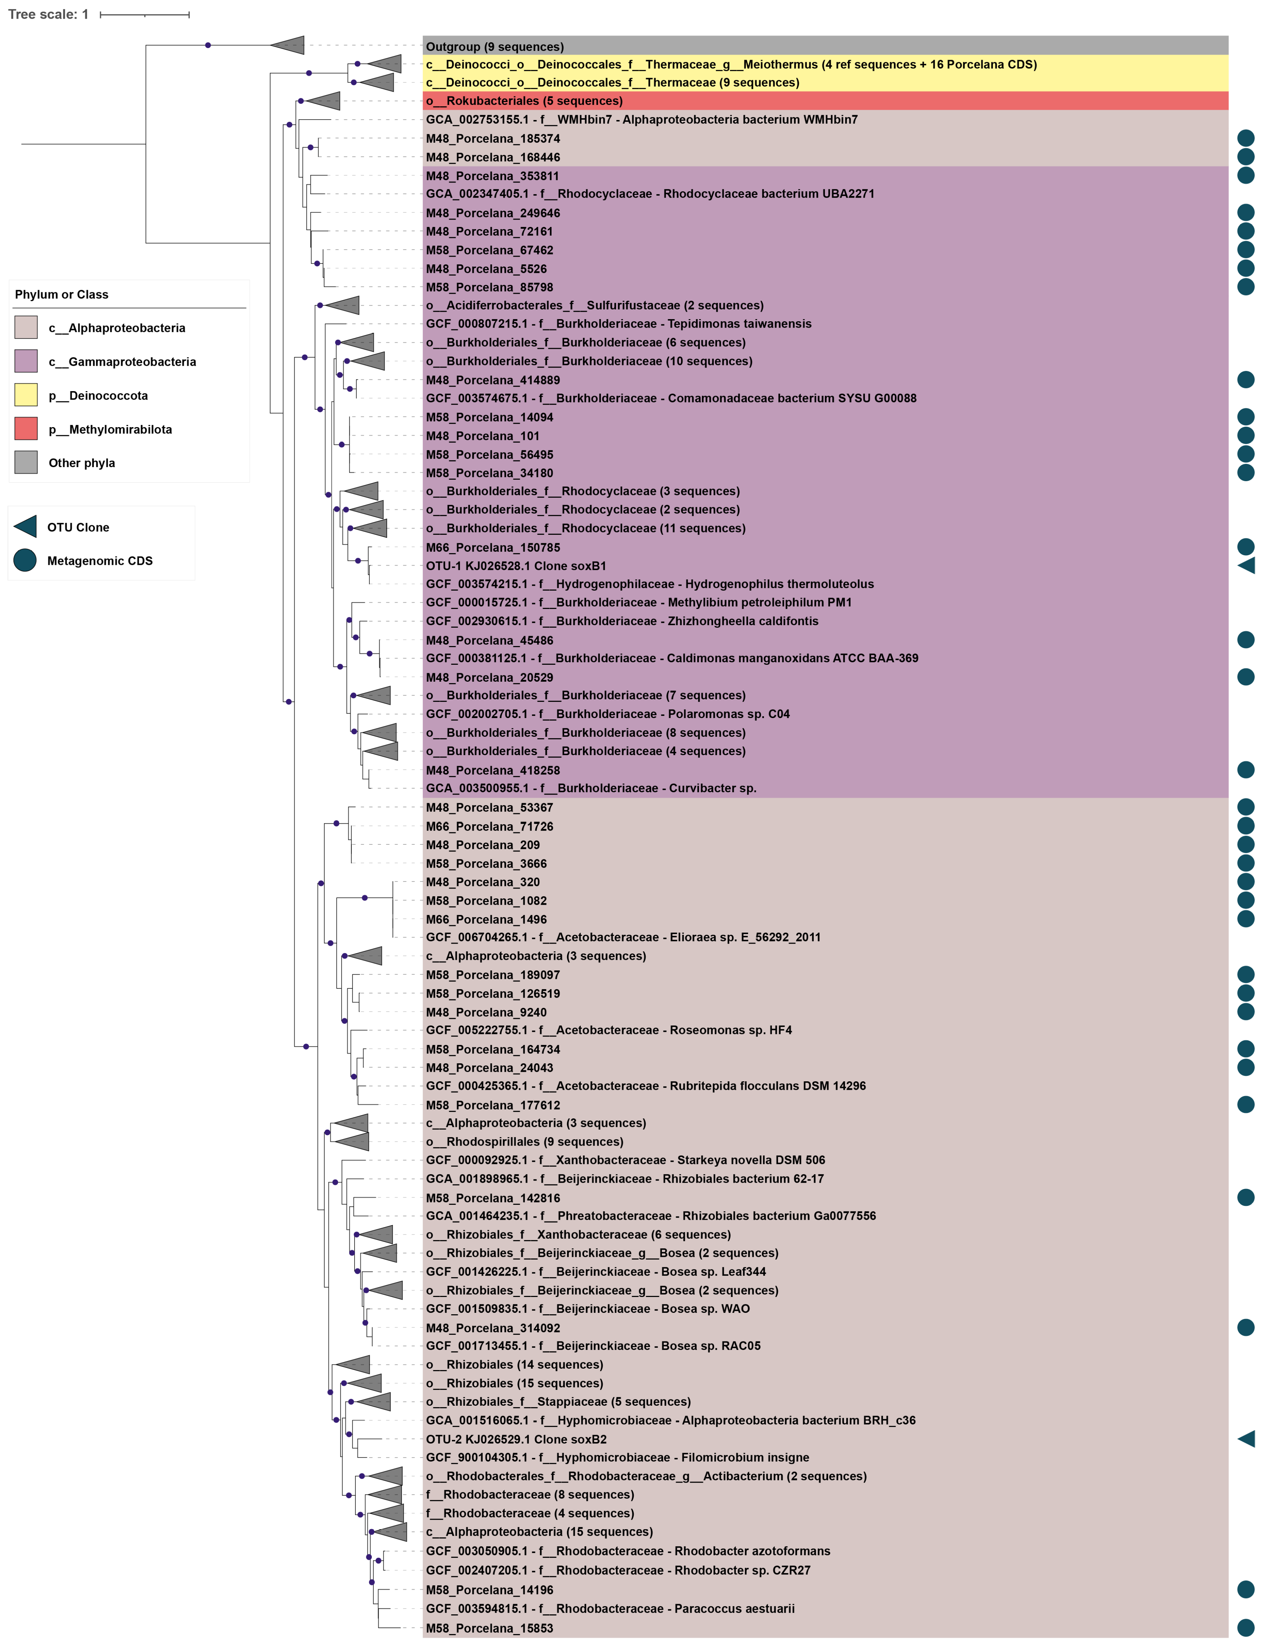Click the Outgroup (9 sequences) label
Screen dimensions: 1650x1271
click(495, 47)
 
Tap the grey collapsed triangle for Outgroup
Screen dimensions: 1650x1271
click(289, 45)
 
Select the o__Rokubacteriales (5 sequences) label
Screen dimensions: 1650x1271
click(524, 101)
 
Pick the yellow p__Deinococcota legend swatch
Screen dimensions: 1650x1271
click(26, 395)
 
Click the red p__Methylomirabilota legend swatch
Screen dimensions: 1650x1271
click(26, 429)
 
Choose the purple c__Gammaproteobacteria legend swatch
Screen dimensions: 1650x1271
click(26, 361)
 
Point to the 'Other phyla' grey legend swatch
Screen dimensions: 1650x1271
click(26, 462)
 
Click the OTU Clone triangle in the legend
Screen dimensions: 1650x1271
click(26, 527)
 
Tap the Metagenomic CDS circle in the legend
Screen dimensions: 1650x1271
click(25, 561)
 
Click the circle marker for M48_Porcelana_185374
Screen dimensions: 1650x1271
click(1246, 138)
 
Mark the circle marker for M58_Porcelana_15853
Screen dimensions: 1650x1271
click(1246, 1628)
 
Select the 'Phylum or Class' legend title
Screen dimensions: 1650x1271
click(62, 295)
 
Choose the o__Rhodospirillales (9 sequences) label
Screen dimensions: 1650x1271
click(524, 1142)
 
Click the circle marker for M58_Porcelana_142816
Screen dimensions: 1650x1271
click(1246, 1197)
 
